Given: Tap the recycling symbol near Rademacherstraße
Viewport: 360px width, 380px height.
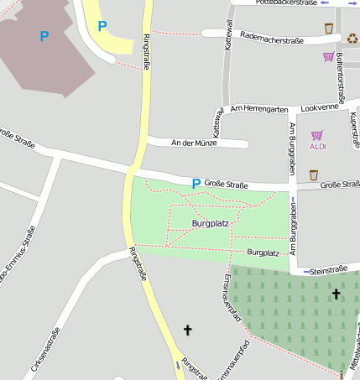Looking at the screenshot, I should [x=352, y=38].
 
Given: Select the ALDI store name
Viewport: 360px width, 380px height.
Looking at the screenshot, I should [x=317, y=147].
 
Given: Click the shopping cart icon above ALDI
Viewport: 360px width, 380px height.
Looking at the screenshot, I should [x=316, y=134].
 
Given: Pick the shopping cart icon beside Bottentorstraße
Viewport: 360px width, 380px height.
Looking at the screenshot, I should [x=328, y=56].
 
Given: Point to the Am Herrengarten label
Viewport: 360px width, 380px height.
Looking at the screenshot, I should [x=259, y=110].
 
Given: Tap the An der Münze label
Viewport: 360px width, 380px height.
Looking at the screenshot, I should [x=194, y=143].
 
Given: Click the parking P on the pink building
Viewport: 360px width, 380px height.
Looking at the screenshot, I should [x=44, y=36].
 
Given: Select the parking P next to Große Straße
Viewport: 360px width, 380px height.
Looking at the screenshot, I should [x=196, y=183].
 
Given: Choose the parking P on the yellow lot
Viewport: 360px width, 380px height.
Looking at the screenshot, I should [x=102, y=26].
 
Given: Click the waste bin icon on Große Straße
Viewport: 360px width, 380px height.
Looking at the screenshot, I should [x=313, y=174].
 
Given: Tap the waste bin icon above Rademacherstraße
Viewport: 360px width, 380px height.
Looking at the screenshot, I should [x=328, y=28].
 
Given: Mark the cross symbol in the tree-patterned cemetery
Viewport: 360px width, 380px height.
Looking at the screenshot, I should [x=336, y=294].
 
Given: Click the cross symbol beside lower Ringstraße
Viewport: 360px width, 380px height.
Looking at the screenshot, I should [x=187, y=331].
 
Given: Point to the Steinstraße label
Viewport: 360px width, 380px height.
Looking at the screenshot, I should [x=328, y=270].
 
